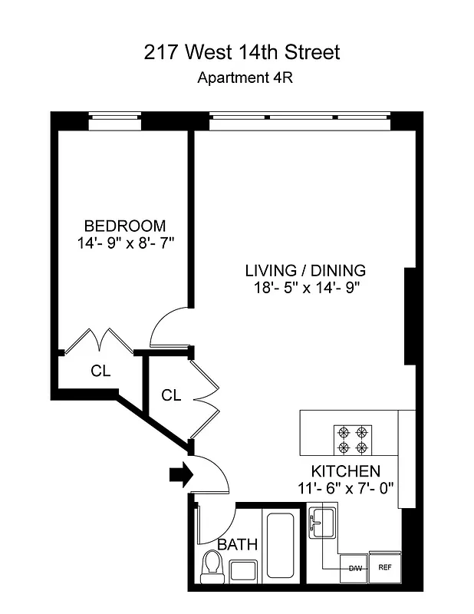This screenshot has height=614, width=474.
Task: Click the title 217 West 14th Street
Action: (x=242, y=52)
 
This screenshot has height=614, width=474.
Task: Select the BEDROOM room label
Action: (x=124, y=226)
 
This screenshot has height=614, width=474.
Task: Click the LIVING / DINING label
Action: (x=305, y=270)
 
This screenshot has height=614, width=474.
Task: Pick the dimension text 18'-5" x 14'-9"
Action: (x=305, y=288)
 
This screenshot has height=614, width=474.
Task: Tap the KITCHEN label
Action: (x=345, y=470)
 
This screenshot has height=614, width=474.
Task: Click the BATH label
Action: (x=238, y=544)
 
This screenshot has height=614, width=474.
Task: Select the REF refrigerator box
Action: (x=384, y=569)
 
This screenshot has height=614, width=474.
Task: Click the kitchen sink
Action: (x=322, y=523)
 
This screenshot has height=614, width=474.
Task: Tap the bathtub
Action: (x=281, y=546)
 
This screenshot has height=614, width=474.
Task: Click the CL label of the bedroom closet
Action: (x=100, y=371)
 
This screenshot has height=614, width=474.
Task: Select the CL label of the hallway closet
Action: (x=171, y=395)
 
